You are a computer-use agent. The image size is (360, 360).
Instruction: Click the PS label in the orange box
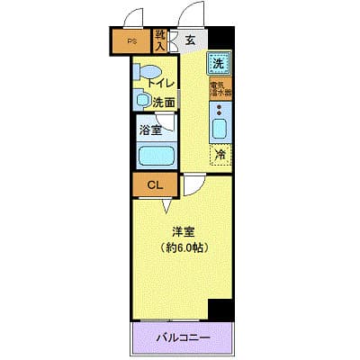[131, 41]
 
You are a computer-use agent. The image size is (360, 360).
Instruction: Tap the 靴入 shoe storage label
[160, 40]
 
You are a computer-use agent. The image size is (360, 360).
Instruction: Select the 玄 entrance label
[191, 40]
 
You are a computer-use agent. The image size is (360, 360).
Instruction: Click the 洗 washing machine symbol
[219, 63]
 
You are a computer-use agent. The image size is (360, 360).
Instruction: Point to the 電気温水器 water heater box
[220, 89]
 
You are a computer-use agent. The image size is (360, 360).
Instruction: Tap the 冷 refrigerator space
[220, 154]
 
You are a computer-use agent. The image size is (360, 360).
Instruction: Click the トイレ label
[160, 82]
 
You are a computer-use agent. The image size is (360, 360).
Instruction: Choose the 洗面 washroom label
[163, 102]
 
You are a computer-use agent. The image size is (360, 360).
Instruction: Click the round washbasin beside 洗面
[141, 100]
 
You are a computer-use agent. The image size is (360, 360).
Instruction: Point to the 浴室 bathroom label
[150, 130]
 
